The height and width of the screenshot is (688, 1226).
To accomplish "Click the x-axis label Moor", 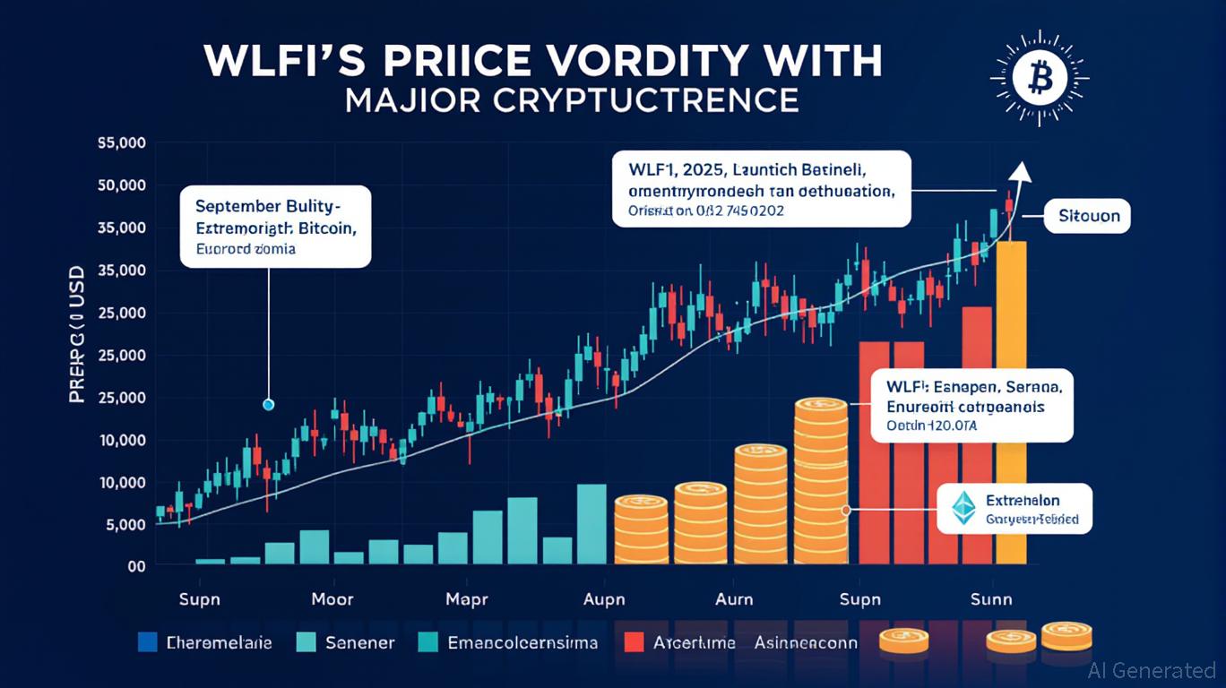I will click(332, 599).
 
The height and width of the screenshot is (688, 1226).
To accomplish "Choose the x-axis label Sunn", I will click(991, 599).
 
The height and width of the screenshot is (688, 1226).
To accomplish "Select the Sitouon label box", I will click(1088, 217).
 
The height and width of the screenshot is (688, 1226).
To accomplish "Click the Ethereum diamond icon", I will click(963, 508).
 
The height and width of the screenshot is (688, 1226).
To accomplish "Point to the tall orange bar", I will click(1011, 403).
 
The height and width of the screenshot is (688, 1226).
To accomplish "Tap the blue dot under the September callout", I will click(268, 405).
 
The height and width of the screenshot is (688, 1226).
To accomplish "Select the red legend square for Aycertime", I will click(635, 641).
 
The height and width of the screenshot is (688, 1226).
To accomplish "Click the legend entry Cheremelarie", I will click(219, 642).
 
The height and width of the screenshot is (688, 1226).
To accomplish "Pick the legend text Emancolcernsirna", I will click(522, 642).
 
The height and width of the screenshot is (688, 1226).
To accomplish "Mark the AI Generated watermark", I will click(1152, 670).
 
